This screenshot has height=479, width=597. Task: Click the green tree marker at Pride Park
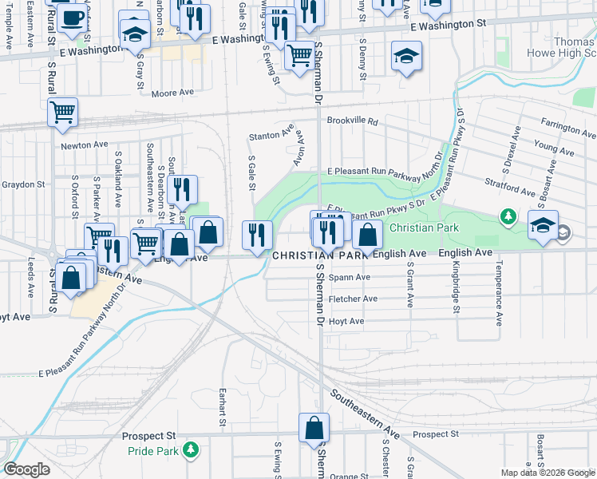coord(190,451)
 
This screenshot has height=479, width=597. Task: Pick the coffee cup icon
coord(72,18)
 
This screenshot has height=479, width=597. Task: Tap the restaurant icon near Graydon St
coord(183,190)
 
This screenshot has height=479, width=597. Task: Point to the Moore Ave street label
coord(173,93)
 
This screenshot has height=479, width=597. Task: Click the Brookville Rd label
coord(351,121)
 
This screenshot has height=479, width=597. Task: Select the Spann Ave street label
coord(350,277)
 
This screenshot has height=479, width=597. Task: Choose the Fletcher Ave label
coord(354,299)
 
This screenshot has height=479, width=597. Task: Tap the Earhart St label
coord(223,407)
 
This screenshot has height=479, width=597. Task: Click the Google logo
coord(27,469)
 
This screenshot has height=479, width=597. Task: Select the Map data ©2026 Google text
coord(548,473)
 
